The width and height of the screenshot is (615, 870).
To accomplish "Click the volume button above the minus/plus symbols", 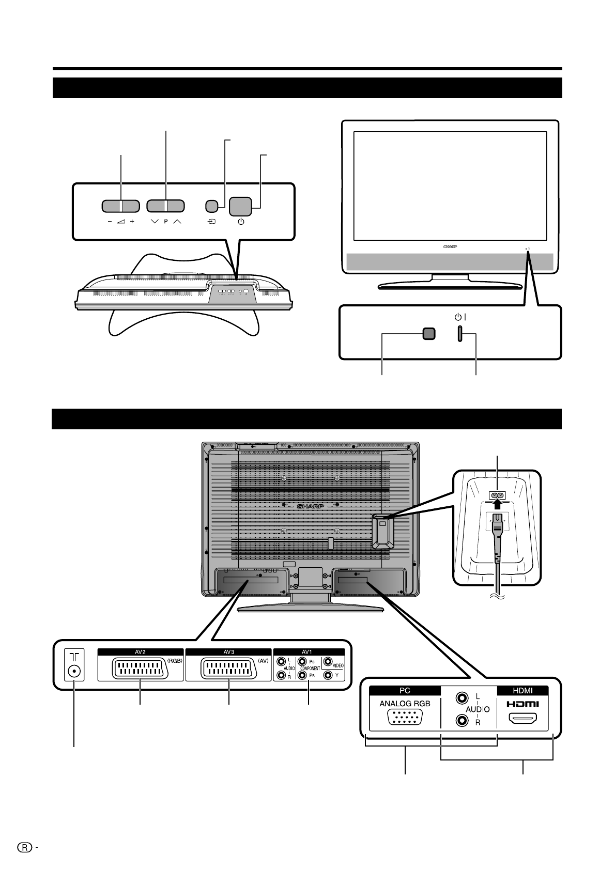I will click(x=120, y=206).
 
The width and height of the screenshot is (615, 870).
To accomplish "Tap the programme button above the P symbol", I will click(x=165, y=206).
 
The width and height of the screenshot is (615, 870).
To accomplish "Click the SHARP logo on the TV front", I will click(x=450, y=247).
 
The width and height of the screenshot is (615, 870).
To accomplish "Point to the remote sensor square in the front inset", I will click(x=428, y=334).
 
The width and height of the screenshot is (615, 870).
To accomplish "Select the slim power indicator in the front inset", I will click(x=458, y=334).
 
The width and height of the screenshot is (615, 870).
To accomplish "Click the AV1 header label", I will click(x=309, y=652).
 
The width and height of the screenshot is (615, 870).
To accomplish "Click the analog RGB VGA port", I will click(x=405, y=718).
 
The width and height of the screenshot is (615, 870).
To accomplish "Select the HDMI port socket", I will click(x=522, y=718).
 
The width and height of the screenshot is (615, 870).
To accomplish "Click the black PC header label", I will click(x=405, y=690).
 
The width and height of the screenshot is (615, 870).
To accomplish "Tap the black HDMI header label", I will click(x=522, y=690).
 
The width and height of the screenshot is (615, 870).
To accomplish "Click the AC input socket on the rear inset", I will click(x=498, y=495).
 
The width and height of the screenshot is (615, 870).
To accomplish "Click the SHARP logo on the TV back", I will click(x=310, y=506).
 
